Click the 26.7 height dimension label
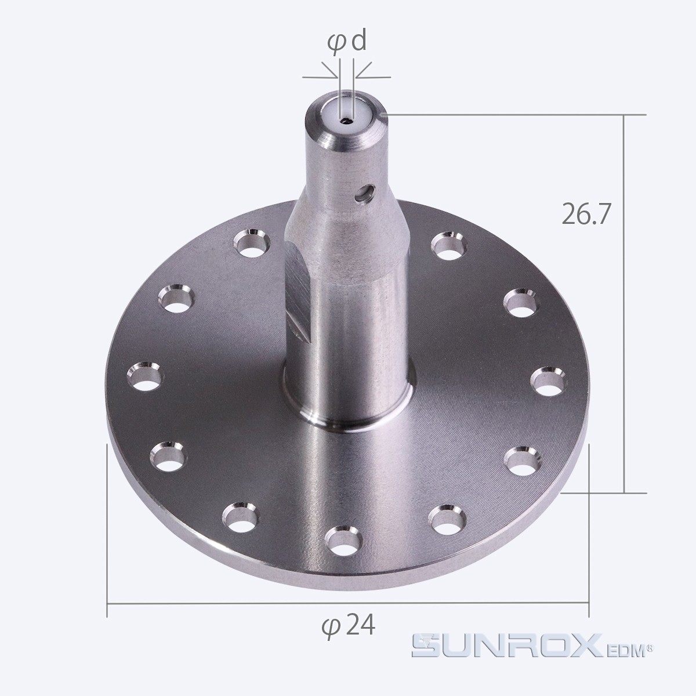pyautogui.click(x=586, y=214)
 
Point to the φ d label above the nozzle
pyautogui.click(x=347, y=42)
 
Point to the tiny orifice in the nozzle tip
pyautogui.click(x=347, y=121)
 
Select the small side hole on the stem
pyautogui.click(x=365, y=194)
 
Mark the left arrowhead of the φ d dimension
pyautogui.click(x=335, y=76)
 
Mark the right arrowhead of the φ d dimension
pyautogui.click(x=358, y=76)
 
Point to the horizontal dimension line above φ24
pyautogui.click(x=348, y=603)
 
